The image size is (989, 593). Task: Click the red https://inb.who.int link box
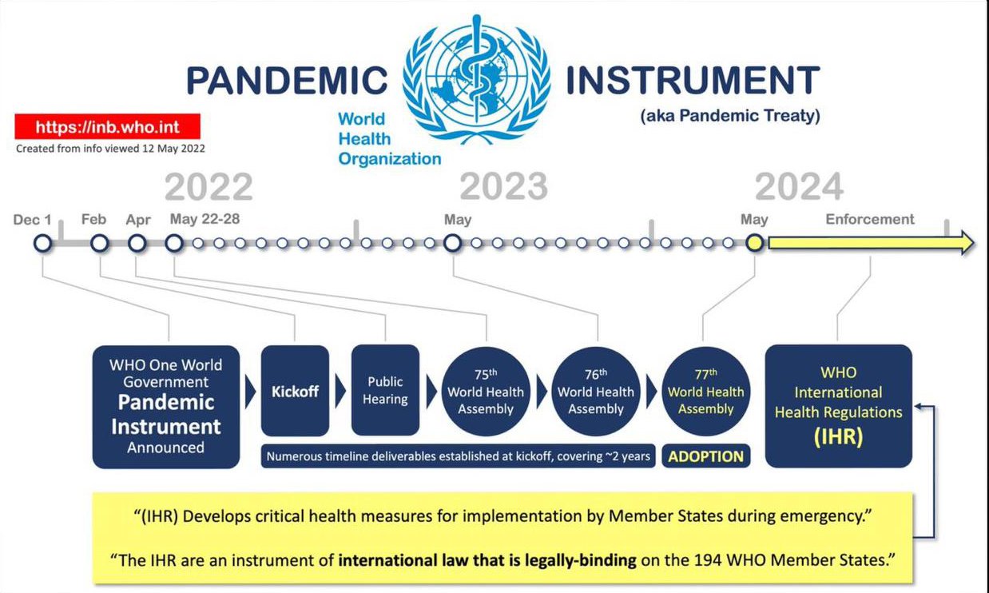coord(107,127)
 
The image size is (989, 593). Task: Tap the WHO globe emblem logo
coord(476,79)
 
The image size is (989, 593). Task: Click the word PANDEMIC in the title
coord(287,81)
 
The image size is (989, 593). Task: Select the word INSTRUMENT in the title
coord(693,80)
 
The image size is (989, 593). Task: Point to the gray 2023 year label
coord(504,186)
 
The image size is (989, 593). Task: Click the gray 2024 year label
coord(799,186)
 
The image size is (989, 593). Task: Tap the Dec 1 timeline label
coord(32,220)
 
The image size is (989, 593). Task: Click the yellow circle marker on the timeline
coord(755,243)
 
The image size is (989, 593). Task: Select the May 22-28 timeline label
coord(205,218)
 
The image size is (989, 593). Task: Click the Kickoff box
coord(295,391)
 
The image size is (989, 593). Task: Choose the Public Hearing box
coord(385,390)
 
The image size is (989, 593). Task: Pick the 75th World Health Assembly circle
coord(486,392)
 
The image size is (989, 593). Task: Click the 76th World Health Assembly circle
coord(596,392)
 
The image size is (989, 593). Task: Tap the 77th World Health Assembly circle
coord(706,392)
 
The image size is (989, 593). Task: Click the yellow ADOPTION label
coord(706,456)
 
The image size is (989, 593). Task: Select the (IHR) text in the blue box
coord(839,436)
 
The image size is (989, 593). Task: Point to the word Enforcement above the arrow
coord(870,219)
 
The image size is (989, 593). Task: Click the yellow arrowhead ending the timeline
coord(966,243)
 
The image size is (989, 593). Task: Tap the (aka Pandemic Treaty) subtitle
coord(730,116)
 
